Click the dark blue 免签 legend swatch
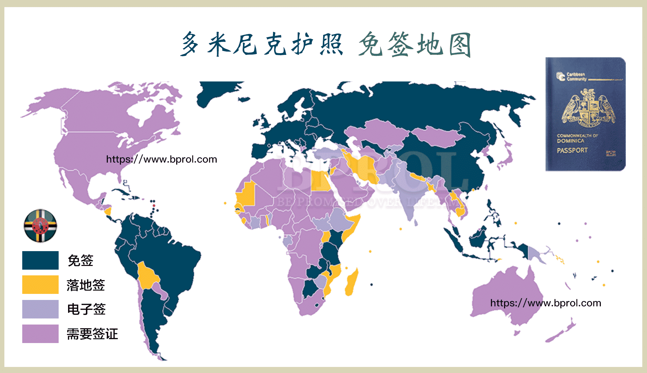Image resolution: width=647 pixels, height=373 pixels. pos(40,260)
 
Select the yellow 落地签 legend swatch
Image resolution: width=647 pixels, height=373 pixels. pos(40,284)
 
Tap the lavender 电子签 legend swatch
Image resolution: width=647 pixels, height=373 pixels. pos(40,309)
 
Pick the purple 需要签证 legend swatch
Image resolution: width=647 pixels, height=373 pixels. pos(40,334)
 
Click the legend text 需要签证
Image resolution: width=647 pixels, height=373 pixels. pos(92,334)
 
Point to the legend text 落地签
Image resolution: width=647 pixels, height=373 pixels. pos(86,285)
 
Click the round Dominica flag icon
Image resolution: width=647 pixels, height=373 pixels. pos(40,226)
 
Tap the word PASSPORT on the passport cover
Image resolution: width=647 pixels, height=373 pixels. pos(572,150)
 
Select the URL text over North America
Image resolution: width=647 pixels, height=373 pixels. pos(161,159)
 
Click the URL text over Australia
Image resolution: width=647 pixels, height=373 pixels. pos(546,303)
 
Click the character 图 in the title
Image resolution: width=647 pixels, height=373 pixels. pos(460,45)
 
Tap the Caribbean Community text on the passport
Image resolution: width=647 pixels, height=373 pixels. pos(576,77)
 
